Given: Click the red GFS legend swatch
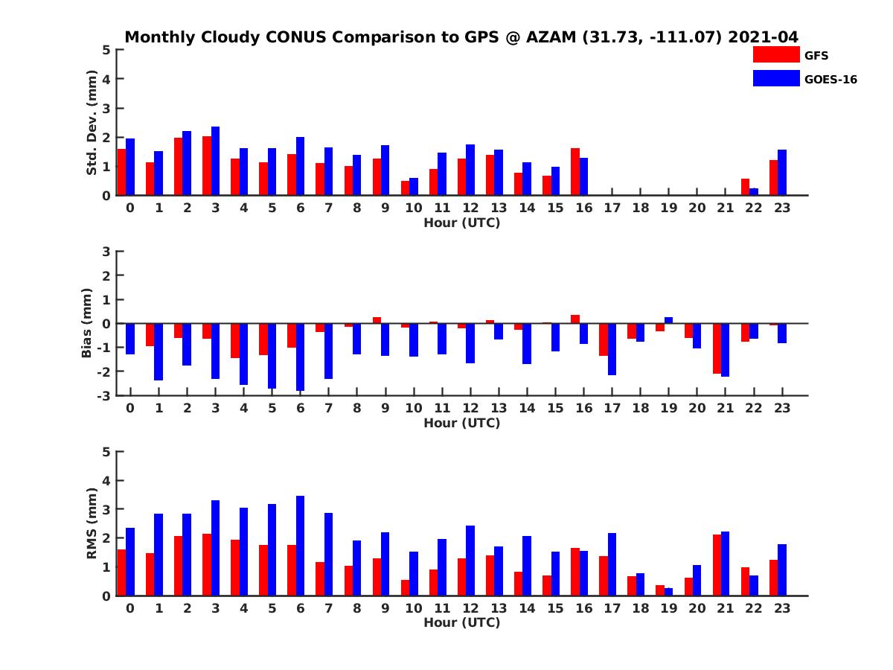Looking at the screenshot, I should (776, 55).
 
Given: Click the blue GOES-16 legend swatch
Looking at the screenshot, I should (776, 78).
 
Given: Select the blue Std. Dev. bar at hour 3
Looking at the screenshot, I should (216, 161).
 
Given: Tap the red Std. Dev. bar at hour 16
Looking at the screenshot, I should (575, 172).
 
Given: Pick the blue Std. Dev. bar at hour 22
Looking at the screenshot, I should (754, 192).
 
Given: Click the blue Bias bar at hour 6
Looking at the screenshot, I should (301, 357).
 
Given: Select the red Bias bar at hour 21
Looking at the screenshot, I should (717, 348).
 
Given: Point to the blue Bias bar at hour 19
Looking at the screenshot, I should (668, 320).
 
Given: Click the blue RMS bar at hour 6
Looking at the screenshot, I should (301, 546).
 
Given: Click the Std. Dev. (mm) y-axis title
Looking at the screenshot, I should (92, 123).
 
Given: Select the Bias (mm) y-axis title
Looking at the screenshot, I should (87, 323).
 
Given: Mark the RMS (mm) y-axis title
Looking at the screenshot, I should (92, 523).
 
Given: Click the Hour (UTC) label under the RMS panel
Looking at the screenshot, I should (461, 622).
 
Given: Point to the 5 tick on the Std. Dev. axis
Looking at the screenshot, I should (107, 50).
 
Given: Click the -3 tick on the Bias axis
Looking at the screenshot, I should (104, 395).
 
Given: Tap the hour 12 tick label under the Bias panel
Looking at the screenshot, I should (470, 409).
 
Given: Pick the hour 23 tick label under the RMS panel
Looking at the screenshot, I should (781, 608).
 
